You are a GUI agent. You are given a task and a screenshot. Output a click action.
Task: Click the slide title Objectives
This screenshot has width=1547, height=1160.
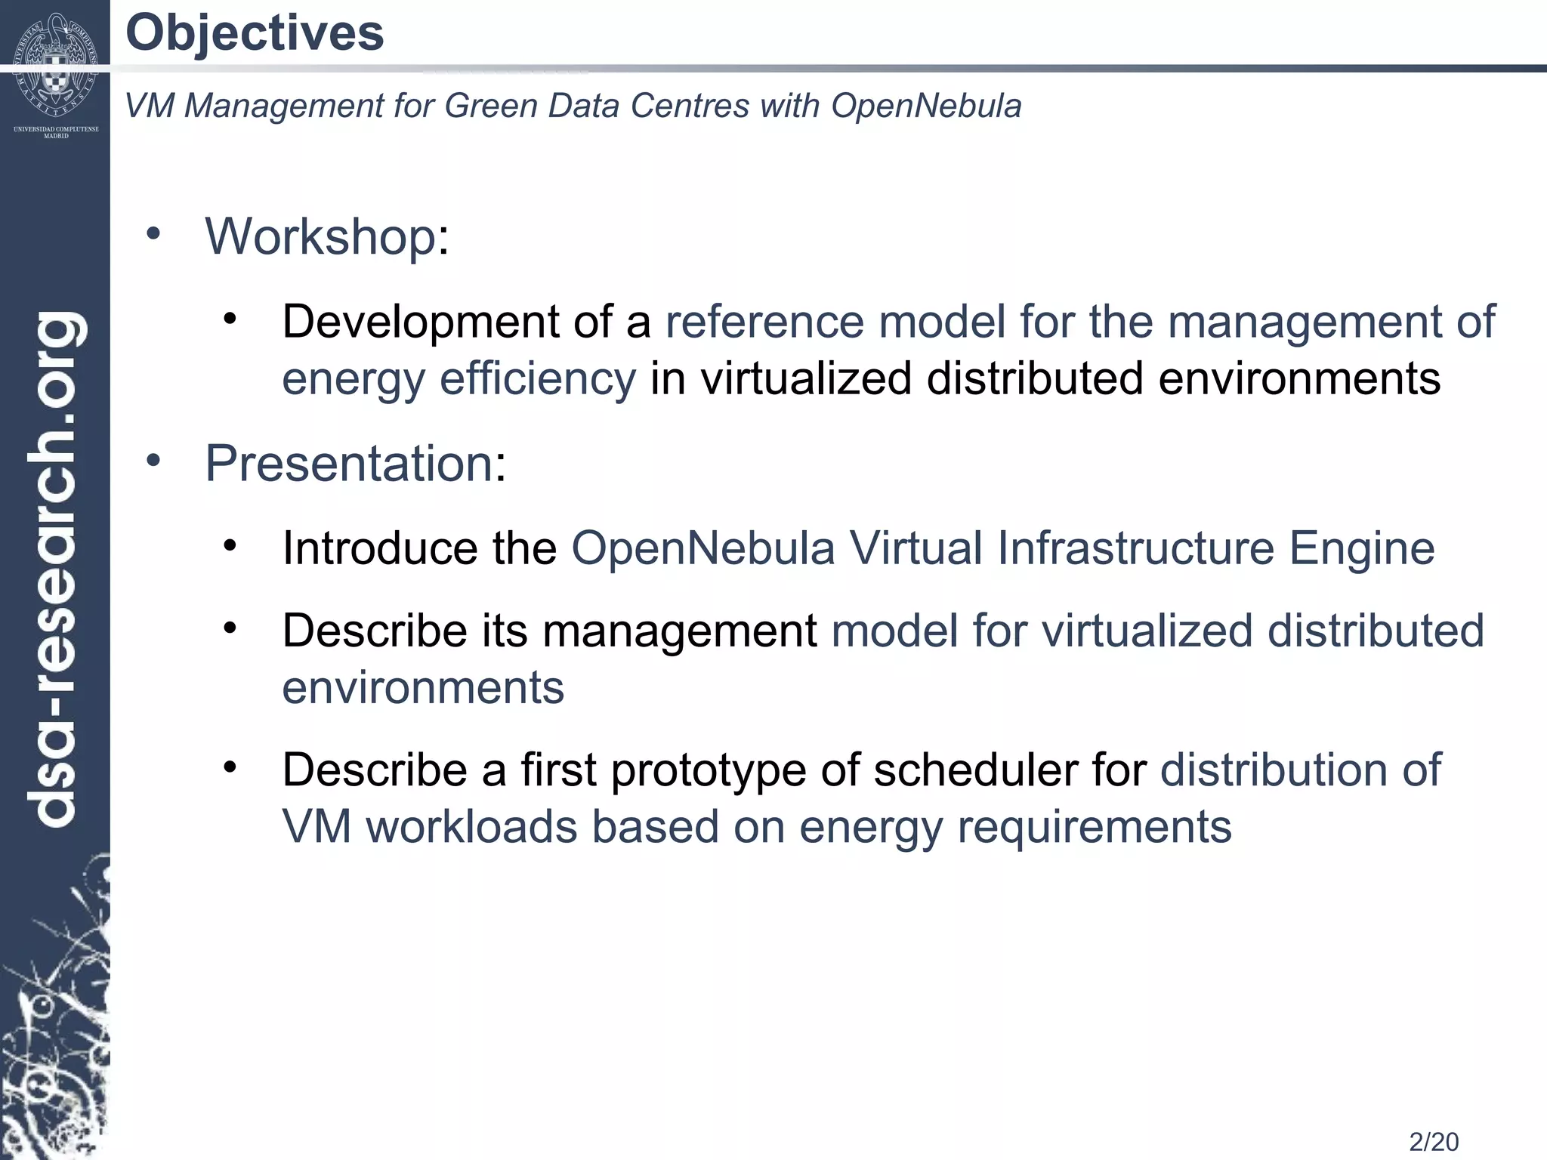pos(255,34)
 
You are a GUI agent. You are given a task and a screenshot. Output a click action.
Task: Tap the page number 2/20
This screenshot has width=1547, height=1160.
pos(1434,1141)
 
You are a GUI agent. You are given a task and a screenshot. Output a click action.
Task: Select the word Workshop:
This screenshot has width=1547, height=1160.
pos(327,236)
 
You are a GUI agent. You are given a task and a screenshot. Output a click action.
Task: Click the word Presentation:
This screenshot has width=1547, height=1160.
pos(355,463)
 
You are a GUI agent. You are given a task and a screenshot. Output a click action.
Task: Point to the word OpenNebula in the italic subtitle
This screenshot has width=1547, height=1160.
pos(926,106)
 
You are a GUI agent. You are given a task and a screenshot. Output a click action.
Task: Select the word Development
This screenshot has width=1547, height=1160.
pos(421,322)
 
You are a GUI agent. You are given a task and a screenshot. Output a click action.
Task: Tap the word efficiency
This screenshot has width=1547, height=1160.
pos(538,378)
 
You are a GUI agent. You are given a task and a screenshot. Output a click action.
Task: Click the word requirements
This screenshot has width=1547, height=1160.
pos(1095,827)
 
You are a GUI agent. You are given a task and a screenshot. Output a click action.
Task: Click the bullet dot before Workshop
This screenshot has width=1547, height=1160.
pos(153,233)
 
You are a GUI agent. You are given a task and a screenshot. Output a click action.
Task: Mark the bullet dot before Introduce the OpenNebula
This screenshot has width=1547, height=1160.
pos(230,545)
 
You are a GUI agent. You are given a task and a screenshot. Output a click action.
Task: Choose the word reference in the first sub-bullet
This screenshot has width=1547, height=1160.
pos(764,322)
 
